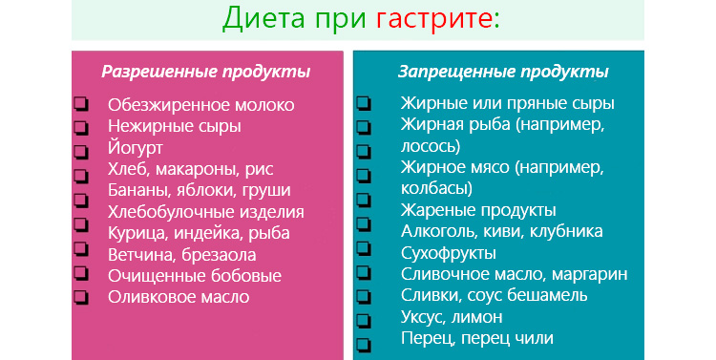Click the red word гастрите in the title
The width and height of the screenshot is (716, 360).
[437, 18]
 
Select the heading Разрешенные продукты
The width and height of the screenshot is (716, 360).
[206, 72]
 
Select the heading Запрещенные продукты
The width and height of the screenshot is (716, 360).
[502, 72]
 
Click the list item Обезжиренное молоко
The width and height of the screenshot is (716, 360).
[201, 104]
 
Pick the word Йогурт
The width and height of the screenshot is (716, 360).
[136, 148]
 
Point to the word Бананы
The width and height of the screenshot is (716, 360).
[137, 191]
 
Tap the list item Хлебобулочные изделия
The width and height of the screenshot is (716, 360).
[206, 212]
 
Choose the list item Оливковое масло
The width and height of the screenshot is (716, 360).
[179, 296]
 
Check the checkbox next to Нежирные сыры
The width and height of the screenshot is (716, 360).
[80, 127]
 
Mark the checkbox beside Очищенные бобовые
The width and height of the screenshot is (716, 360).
[80, 276]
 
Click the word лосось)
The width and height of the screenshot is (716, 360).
[432, 146]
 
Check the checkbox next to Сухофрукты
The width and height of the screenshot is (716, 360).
[363, 253]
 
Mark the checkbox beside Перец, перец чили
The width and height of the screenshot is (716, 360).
[363, 339]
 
